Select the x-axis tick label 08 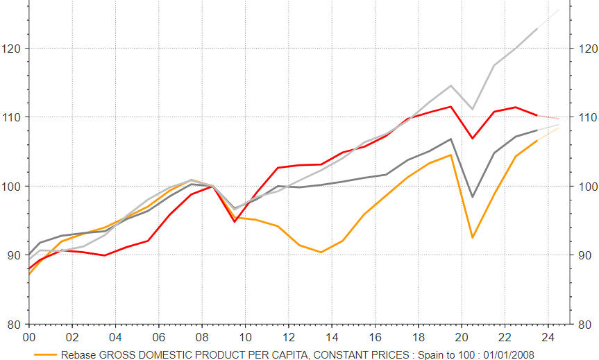[202, 337]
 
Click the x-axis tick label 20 [461, 337]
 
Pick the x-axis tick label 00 [29, 337]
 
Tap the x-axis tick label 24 [548, 337]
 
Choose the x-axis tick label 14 [332, 337]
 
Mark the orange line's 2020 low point [472, 238]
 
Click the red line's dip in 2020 [472, 139]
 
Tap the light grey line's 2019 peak [451, 85]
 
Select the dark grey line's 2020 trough [472, 197]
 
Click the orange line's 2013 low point [321, 252]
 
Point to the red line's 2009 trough [235, 221]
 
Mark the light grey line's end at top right [559, 10]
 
